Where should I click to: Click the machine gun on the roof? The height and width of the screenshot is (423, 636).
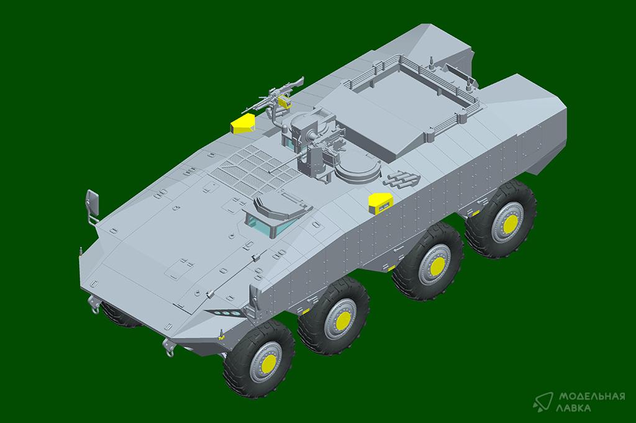point(273,97)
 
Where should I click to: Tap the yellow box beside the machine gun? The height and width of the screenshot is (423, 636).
point(243,123)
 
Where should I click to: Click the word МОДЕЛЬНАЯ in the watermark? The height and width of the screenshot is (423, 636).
point(592,397)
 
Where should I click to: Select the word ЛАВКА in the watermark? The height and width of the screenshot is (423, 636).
point(575,408)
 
